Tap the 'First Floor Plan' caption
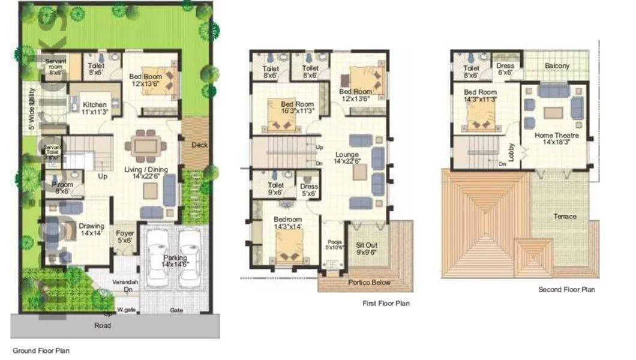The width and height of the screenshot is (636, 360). (386, 304)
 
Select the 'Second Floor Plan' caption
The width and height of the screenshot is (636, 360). (566, 289)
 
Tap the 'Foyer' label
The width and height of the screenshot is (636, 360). (125, 233)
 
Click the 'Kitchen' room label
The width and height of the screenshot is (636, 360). (95, 104)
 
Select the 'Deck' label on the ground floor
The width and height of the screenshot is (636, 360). (200, 145)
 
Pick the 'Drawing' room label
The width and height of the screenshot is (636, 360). (91, 226)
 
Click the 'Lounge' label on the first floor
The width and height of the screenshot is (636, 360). (347, 155)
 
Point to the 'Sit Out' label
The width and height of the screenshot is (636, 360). (366, 245)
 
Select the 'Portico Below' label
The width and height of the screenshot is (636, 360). (369, 282)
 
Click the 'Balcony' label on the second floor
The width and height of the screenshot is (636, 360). (557, 65)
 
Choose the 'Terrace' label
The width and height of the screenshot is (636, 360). (565, 216)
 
